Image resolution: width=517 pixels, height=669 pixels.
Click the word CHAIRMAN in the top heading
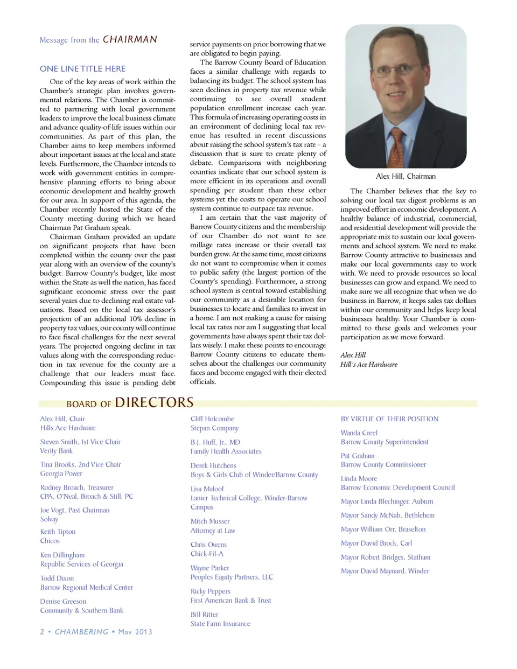pos(130,39)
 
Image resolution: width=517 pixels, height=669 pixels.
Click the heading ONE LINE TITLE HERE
pos(82,69)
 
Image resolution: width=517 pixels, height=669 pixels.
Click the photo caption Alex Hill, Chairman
pos(406,176)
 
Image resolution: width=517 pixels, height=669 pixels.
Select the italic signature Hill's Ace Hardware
pos(369,364)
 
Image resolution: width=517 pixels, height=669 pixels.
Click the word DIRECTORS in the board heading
pos(154,403)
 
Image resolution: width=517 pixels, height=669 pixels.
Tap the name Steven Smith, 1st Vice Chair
pos(80,442)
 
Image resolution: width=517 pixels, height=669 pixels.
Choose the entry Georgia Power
pos(61,473)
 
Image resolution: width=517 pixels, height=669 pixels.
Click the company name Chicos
pos(50,541)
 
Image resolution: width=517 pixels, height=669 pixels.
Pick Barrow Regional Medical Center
pos(87,587)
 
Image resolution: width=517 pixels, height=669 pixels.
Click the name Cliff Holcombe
pos(212,419)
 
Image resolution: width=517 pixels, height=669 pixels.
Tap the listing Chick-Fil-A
pos(207,554)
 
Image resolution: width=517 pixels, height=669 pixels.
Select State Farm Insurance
pos(220,624)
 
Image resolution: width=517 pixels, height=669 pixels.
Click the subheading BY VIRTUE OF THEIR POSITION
pos(389,419)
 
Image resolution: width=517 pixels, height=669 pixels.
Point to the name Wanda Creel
pos(359,433)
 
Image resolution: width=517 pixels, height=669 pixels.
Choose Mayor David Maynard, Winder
pos(385,571)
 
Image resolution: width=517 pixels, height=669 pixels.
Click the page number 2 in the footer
pos(42,631)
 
